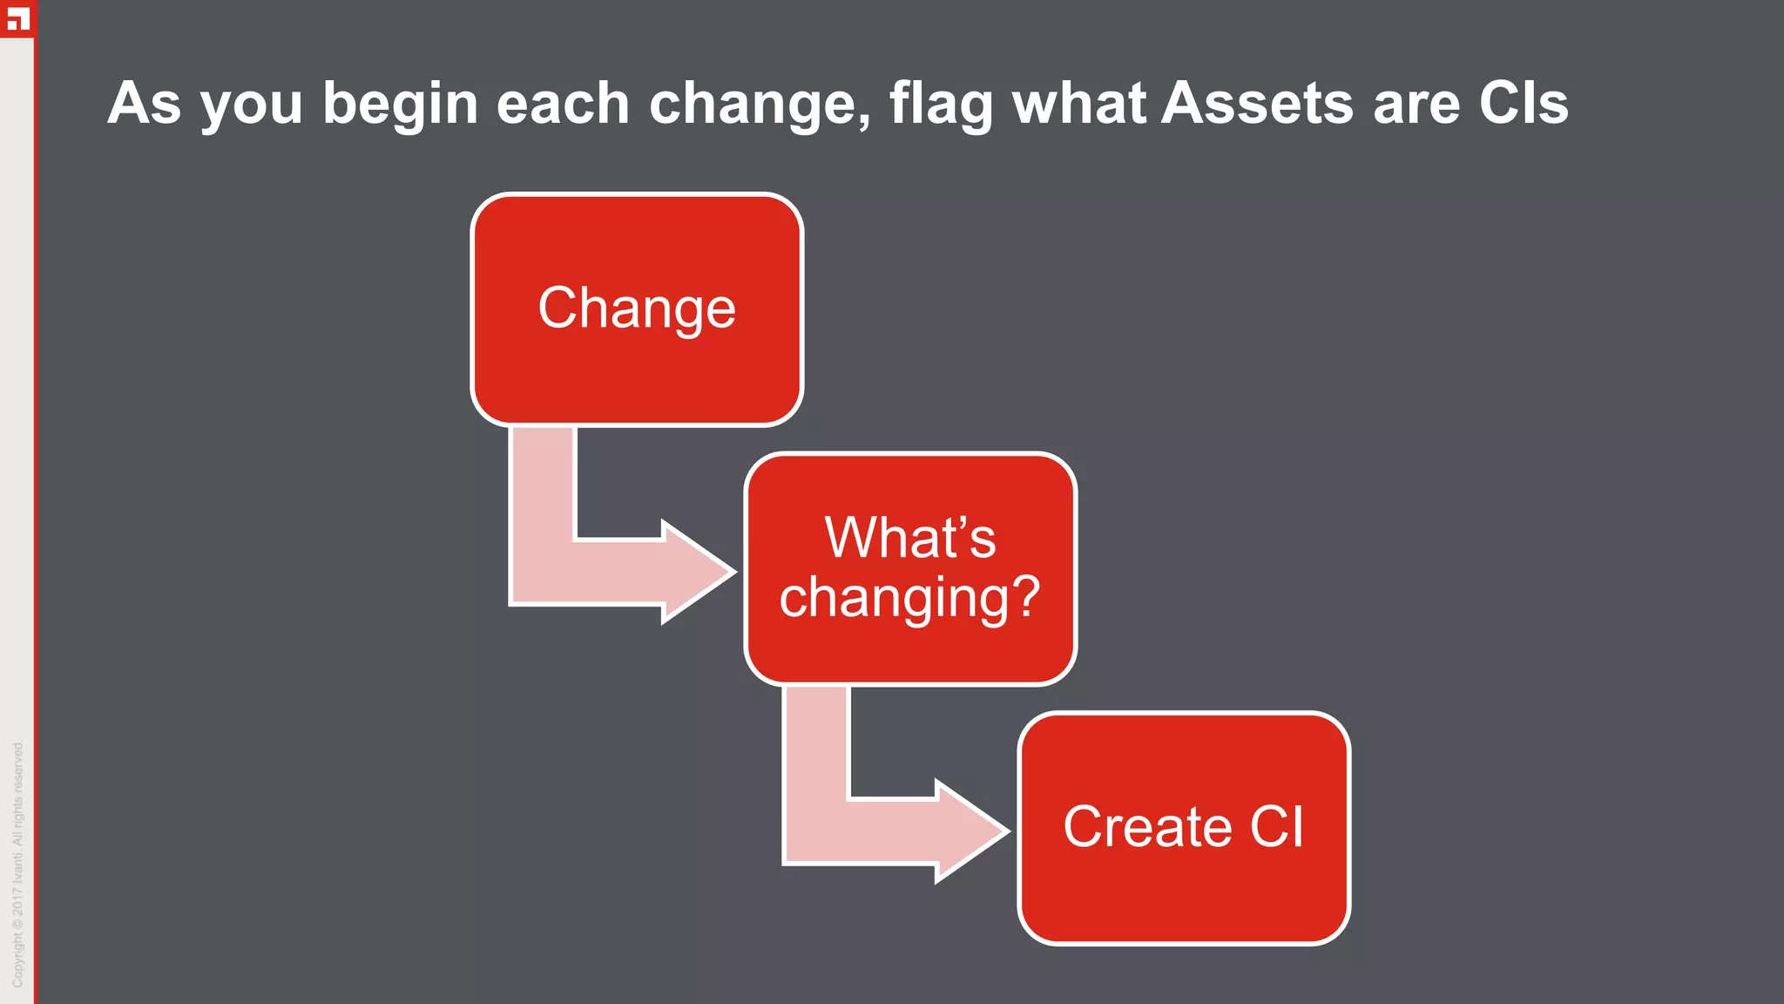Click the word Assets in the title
(x=1258, y=103)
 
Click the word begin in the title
(x=401, y=105)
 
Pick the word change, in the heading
(x=760, y=105)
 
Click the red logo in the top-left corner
(x=17, y=17)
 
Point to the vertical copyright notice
(x=17, y=863)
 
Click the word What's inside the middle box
(x=909, y=537)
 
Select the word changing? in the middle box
(x=909, y=598)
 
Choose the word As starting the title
(x=145, y=103)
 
